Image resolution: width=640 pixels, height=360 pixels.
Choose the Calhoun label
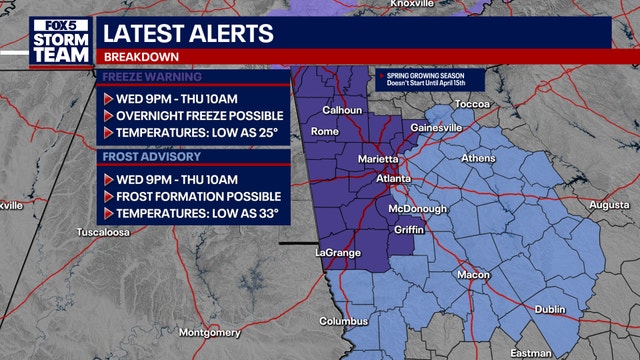(x=342, y=110)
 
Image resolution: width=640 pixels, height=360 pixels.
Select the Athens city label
(x=477, y=159)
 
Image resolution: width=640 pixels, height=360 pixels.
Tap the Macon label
(x=473, y=275)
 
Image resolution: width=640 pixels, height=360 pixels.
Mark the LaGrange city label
(x=337, y=253)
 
